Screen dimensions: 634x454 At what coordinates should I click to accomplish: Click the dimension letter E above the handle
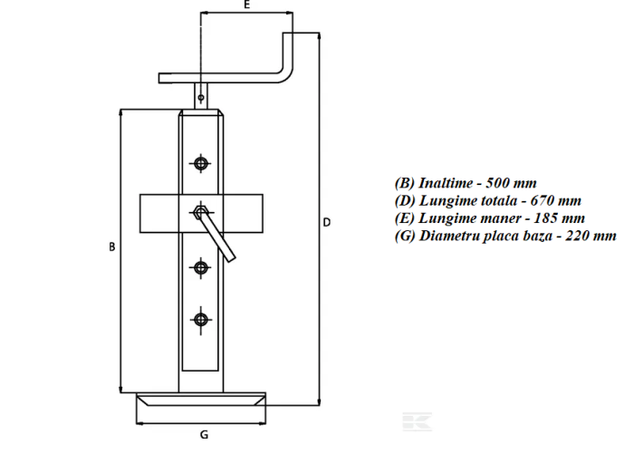(246, 5)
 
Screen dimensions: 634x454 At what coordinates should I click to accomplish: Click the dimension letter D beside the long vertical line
(327, 222)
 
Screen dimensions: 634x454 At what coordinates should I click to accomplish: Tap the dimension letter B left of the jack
(112, 246)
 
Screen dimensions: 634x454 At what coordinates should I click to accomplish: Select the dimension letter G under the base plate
(204, 435)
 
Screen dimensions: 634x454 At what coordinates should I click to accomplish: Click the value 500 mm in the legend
(511, 183)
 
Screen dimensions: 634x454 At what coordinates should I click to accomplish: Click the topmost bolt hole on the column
(201, 163)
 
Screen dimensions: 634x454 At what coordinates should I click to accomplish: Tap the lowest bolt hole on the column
(201, 320)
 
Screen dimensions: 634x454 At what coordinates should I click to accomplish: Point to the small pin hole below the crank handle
(201, 98)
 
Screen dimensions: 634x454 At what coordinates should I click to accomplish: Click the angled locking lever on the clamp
(216, 237)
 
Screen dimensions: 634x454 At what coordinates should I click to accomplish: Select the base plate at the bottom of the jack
(201, 399)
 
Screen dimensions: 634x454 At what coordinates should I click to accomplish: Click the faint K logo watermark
(417, 421)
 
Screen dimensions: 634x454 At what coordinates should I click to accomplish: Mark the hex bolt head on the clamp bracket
(200, 212)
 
